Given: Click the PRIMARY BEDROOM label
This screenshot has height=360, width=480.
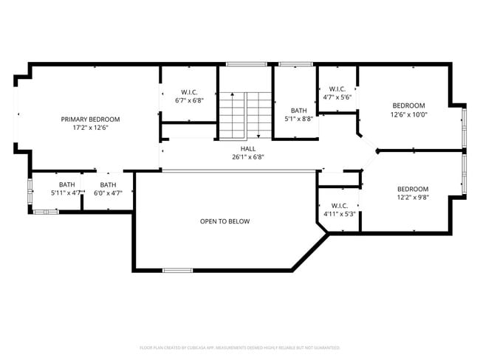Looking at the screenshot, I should (90, 119).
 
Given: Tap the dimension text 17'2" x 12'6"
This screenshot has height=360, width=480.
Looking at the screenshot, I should (90, 128).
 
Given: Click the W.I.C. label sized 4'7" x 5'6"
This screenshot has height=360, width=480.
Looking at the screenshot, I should (337, 89).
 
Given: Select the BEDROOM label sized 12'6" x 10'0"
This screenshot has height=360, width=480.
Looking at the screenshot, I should (409, 105).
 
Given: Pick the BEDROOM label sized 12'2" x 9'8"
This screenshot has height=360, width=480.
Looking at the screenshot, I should (412, 189).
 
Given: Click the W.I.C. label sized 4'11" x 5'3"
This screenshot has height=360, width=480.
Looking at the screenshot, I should (340, 206).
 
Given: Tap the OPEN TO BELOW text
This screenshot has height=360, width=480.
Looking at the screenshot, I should (224, 221).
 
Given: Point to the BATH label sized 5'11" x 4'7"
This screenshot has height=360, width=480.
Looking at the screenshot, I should (67, 184).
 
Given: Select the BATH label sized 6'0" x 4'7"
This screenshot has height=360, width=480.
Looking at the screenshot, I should (108, 184).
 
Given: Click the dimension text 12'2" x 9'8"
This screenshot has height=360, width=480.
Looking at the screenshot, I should (412, 198).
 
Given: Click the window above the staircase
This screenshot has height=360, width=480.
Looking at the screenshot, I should (241, 64).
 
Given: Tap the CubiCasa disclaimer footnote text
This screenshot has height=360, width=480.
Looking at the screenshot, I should (239, 347).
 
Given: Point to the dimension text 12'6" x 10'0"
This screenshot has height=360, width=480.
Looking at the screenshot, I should (409, 114).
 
